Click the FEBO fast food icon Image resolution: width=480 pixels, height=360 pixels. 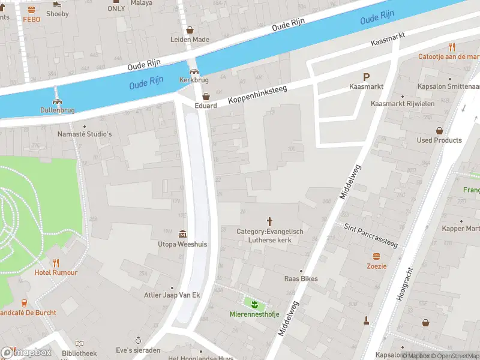tap(31, 10)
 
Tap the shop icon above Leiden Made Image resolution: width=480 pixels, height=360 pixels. tap(190, 29)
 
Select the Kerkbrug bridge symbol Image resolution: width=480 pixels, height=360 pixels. tap(193, 70)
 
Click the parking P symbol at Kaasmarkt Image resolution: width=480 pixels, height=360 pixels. tap(366, 77)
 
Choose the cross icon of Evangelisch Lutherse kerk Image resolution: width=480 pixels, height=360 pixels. tap(269, 221)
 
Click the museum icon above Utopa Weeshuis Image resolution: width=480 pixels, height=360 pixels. tap(182, 234)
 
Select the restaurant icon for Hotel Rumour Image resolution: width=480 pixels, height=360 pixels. tap(56, 263)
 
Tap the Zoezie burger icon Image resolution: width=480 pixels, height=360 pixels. tap(377, 256)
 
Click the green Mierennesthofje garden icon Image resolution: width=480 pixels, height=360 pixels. tap(254, 304)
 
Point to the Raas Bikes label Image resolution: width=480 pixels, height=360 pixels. tap(301, 278)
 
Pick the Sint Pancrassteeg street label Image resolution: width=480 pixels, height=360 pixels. tap(370, 235)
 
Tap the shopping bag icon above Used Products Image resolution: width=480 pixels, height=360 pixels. tap(439, 130)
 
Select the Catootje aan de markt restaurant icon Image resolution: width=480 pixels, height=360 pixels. tap(452, 47)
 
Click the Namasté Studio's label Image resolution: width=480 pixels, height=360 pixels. tap(85, 134)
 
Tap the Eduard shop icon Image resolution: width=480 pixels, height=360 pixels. tap(206, 96)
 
